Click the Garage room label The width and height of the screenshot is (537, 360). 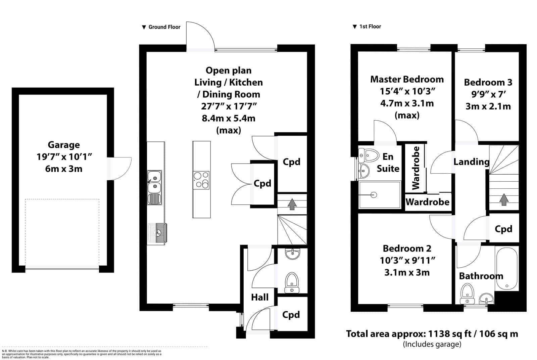pos(64,145)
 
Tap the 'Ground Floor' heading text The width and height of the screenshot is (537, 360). pos(164,27)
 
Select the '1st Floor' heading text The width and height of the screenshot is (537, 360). pos(370,27)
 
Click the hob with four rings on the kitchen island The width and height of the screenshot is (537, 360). pos(201,180)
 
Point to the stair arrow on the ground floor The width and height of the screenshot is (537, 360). pos(292,204)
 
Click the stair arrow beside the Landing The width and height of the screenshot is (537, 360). pos(504,199)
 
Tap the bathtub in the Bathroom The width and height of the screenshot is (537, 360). pos(506,269)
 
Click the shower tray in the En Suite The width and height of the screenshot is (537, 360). pos(380,195)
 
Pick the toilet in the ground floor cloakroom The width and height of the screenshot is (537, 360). pos(292,282)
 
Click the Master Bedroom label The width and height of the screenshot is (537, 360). pos(407,79)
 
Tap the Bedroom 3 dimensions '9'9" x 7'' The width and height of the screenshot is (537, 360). pos(488,94)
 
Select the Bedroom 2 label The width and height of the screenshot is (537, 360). pos(407,249)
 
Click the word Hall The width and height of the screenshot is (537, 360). pos(260,298)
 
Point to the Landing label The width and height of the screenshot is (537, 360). pos(471,162)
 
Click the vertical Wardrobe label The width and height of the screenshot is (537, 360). pos(416,168)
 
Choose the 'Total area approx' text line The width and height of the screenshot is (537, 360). pos(432,333)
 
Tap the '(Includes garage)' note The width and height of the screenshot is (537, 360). pos(432,344)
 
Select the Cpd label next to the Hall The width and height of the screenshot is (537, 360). pos(291,315)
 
